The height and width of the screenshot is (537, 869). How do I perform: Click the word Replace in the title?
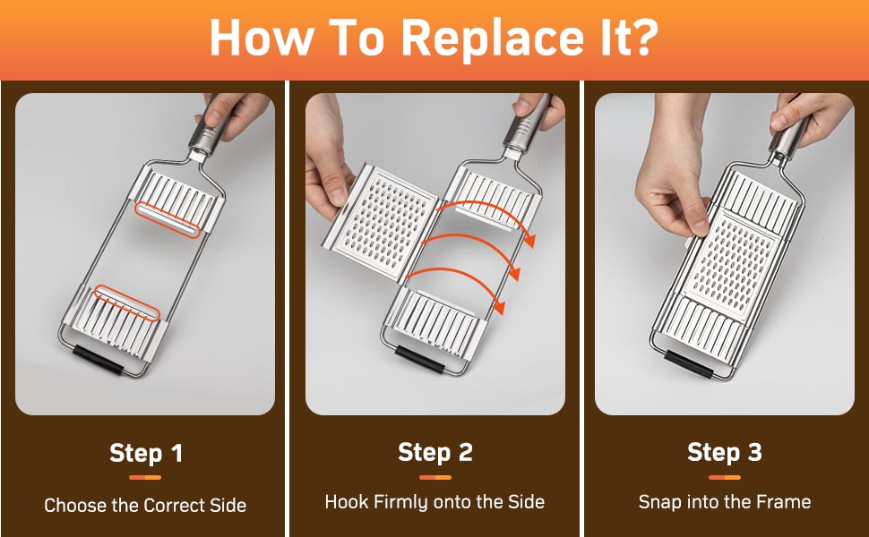[491, 38]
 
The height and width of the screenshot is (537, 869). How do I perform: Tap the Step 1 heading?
[146, 454]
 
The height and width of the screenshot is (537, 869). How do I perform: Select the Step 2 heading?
[435, 452]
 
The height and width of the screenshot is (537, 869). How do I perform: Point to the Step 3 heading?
[725, 452]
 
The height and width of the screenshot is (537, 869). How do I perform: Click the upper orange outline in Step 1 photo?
[167, 220]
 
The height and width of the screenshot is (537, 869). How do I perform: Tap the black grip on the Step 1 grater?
[98, 359]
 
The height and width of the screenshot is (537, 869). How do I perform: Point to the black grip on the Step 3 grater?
[689, 363]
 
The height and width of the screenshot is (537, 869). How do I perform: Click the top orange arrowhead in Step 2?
[530, 239]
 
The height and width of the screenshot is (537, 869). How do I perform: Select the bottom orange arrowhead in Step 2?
[500, 307]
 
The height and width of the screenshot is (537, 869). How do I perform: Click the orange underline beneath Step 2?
[435, 477]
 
